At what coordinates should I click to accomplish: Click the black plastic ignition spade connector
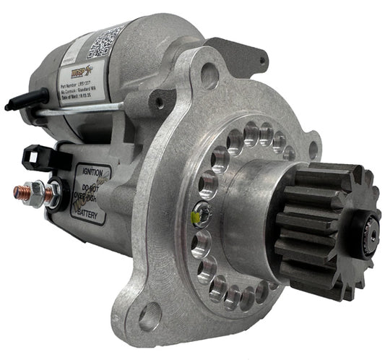click(36, 155)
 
